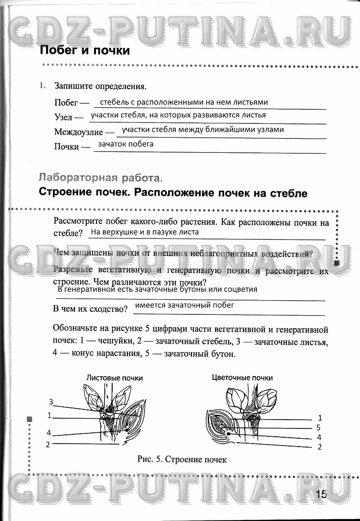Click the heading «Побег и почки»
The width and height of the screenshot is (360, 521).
coord(84,50)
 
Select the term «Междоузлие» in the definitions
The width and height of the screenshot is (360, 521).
coord(78,132)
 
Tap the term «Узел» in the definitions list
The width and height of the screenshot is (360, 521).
coord(63,118)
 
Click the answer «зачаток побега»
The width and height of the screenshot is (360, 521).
coord(125,144)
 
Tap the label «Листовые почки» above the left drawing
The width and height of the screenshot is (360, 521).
coord(115,378)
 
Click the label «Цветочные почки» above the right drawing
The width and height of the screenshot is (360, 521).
coord(242,378)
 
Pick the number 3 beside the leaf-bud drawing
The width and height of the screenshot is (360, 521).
coord(50,402)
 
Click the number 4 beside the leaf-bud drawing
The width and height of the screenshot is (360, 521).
coord(49,433)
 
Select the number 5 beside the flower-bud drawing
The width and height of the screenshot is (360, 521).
coord(319,427)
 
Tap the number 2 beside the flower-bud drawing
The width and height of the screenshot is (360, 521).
coord(319,447)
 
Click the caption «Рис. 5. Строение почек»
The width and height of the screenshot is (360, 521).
coord(183,459)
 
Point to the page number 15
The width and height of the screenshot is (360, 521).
coord(321,494)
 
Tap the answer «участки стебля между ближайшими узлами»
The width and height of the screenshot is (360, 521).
coord(203,130)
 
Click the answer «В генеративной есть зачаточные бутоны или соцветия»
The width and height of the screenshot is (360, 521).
coord(157,289)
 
